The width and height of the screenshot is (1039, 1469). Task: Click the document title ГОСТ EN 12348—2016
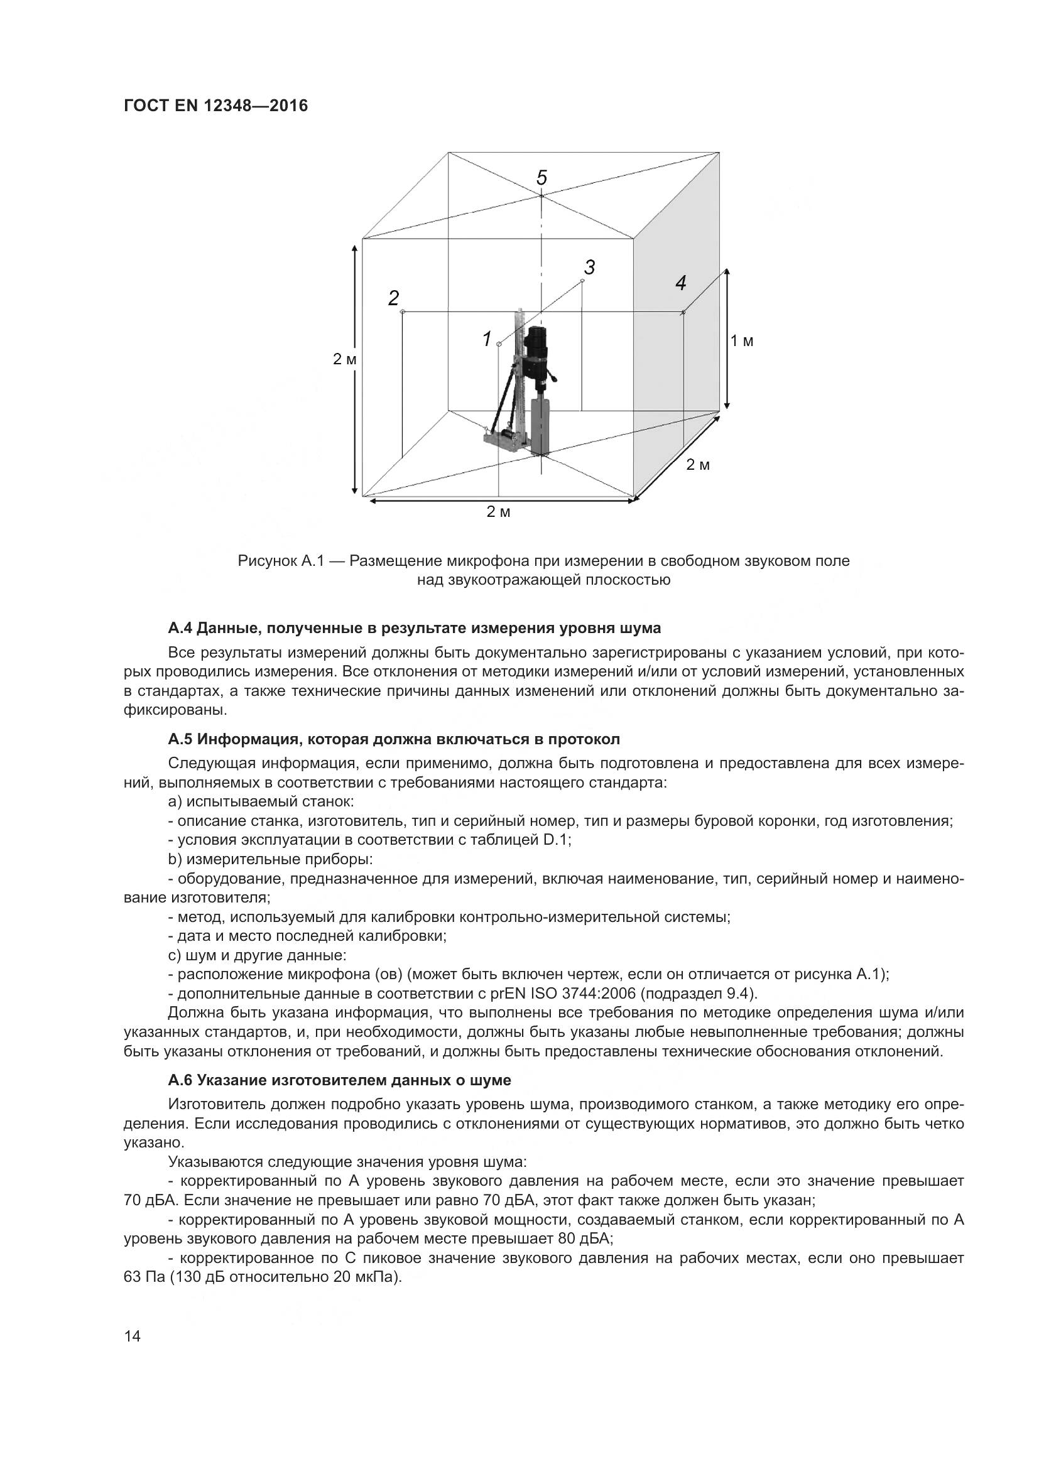click(215, 106)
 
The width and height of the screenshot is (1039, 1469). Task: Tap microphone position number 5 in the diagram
click(542, 178)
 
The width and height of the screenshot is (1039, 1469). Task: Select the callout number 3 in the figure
click(589, 268)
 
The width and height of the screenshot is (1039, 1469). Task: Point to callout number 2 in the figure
click(393, 298)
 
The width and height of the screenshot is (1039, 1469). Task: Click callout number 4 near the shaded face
click(681, 283)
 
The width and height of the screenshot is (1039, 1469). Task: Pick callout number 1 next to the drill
click(487, 339)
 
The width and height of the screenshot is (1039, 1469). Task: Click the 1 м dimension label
click(742, 342)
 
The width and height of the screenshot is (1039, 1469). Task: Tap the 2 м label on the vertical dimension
click(344, 360)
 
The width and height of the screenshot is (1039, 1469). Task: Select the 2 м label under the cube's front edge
click(498, 512)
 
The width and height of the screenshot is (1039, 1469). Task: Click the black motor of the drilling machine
click(538, 352)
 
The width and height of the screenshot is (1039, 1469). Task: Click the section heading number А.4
click(180, 628)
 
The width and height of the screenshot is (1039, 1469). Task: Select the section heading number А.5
click(180, 740)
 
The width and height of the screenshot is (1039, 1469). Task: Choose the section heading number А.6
click(180, 1081)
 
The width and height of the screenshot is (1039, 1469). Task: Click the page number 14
click(132, 1336)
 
